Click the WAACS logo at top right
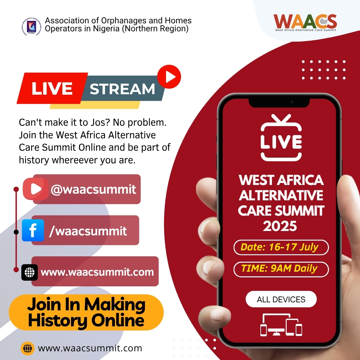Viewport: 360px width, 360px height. click(x=305, y=22)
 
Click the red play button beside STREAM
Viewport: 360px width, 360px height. click(x=169, y=77)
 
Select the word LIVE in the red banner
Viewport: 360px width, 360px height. click(x=52, y=88)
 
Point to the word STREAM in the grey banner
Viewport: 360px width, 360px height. click(x=122, y=89)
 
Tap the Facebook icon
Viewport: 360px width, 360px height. click(x=33, y=230)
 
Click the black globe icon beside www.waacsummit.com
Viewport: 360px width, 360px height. click(x=30, y=272)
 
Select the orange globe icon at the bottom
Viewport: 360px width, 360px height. click(x=28, y=348)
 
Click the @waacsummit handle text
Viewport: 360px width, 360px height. click(x=93, y=189)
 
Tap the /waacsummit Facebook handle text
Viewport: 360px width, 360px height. click(x=88, y=231)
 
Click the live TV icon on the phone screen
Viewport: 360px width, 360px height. click(x=281, y=138)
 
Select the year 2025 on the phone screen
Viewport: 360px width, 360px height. click(x=280, y=226)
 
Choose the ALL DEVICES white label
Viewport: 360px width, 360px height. click(x=281, y=299)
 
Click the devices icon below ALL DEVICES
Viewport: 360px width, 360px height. click(x=281, y=325)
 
